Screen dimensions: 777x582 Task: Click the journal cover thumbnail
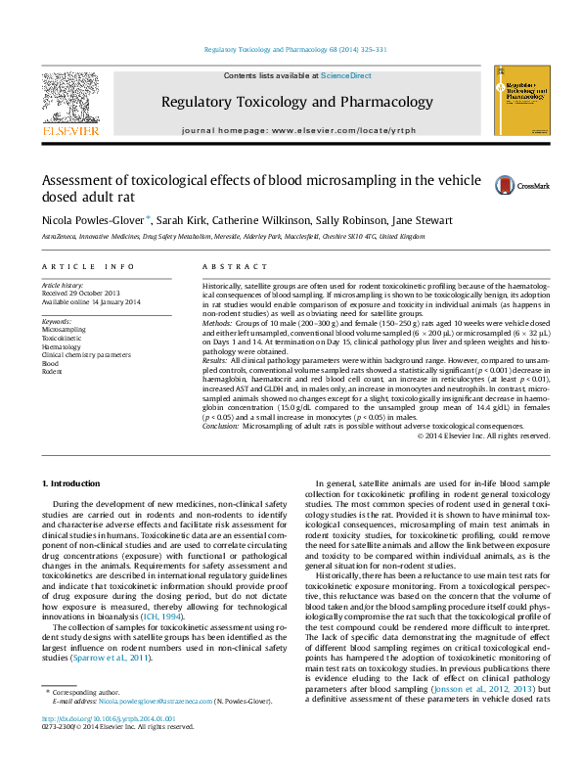pos(521,103)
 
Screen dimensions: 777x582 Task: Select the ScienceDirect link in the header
pos(346,76)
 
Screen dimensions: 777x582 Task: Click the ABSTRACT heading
pos(228,266)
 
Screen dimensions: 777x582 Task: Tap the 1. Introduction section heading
pos(74,483)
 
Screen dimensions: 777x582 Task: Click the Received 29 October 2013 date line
pos(81,293)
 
